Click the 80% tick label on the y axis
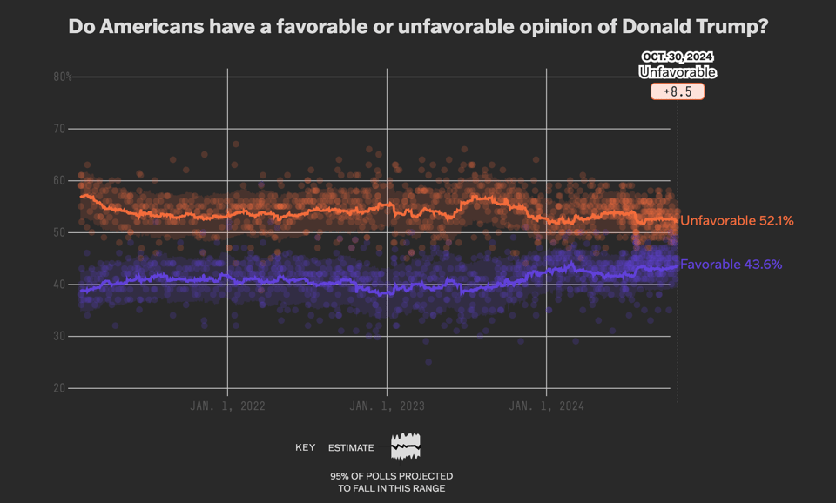click(x=63, y=77)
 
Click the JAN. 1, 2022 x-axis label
click(x=227, y=406)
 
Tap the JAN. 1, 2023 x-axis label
click(x=387, y=406)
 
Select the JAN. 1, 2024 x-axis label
click(x=546, y=406)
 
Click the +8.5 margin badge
click(x=678, y=91)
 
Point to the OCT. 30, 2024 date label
click(x=678, y=57)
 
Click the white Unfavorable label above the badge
click(x=678, y=72)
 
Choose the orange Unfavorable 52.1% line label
click(x=737, y=221)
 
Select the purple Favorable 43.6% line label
click(x=731, y=265)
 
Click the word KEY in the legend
click(x=305, y=448)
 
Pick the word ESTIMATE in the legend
click(x=351, y=448)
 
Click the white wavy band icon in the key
click(x=406, y=446)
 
